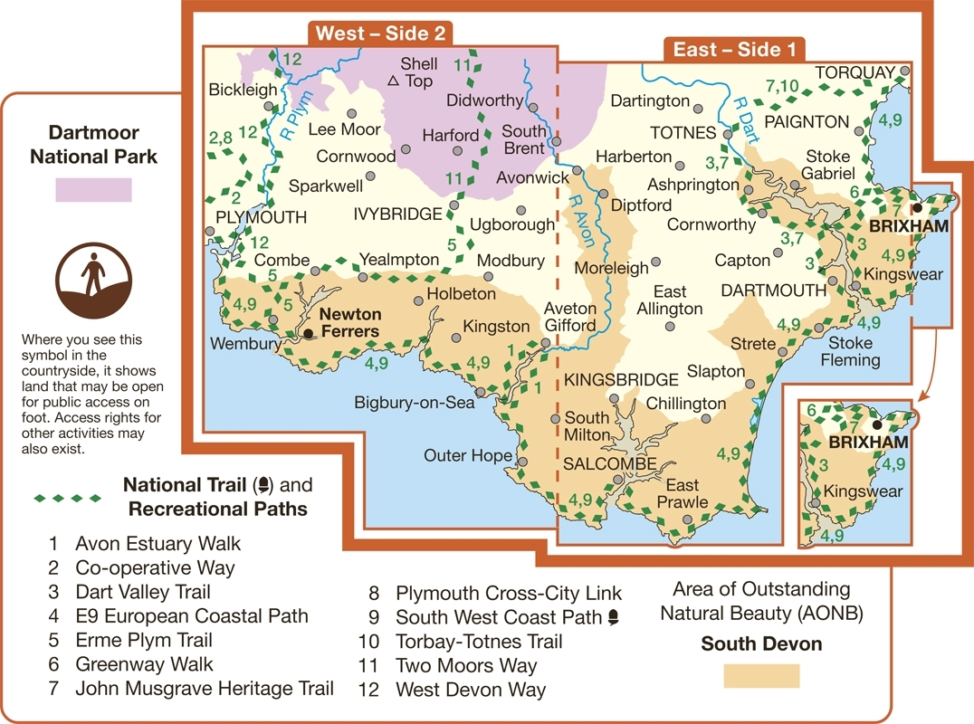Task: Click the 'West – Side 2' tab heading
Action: pyautogui.click(x=380, y=34)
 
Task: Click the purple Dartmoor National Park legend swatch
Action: pyautogui.click(x=93, y=190)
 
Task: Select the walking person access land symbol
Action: pyautogui.click(x=93, y=272)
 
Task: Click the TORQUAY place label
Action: pyautogui.click(x=855, y=72)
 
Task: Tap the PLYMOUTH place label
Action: pyautogui.click(x=262, y=217)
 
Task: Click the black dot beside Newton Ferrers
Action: pyautogui.click(x=308, y=334)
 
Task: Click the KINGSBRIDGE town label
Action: pyautogui.click(x=620, y=379)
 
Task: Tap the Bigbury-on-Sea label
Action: pyautogui.click(x=415, y=404)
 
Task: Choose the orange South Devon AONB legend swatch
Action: pyautogui.click(x=761, y=676)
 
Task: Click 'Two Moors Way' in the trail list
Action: pyautogui.click(x=466, y=666)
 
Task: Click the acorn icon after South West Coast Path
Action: pyautogui.click(x=616, y=617)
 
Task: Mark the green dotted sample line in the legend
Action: pyautogui.click(x=68, y=498)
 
